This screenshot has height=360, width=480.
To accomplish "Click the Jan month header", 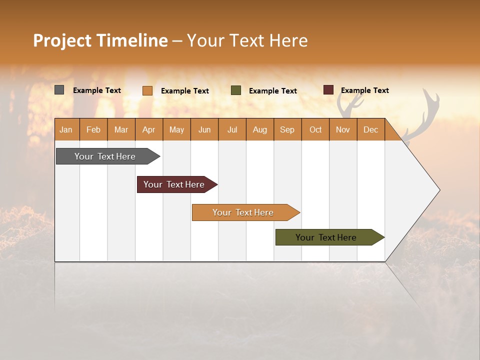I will pos(66,129).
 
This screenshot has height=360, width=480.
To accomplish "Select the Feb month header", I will pos(93,129).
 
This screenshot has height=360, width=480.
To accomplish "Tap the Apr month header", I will pos(149,129).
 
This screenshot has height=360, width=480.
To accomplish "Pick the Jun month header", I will pos(204,129).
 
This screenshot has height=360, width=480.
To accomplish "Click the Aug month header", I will pos(260,129).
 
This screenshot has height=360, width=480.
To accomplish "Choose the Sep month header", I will pos(287,129).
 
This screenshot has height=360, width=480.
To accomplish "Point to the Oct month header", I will pos(315,129).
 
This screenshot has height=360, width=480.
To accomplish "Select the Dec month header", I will pos(371,129).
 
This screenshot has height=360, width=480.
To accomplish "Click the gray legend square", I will pos(59,90).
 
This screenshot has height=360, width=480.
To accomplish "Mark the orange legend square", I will pos(147,90).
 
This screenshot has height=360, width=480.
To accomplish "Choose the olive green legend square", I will pos(236,90).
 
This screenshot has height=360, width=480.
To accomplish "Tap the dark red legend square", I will pos(328,90).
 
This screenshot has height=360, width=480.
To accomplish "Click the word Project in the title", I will pos(62,40).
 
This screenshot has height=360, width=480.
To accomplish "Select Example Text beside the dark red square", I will pos(364,90).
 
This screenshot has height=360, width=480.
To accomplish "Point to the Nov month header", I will pos(343,129).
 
